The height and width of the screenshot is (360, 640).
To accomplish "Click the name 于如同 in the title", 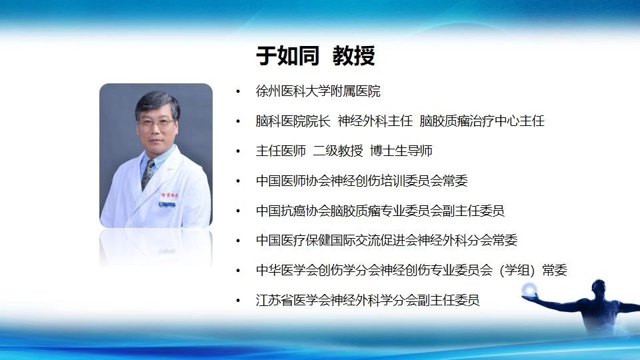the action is pyautogui.click(x=287, y=55).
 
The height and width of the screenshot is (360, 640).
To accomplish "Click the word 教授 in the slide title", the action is pyautogui.click(x=353, y=55).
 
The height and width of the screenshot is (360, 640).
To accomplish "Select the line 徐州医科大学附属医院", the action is pyautogui.click(x=318, y=91).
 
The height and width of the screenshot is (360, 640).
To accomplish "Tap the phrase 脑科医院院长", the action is pyautogui.click(x=293, y=121).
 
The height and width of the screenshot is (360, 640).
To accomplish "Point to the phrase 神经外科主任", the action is pyautogui.click(x=375, y=121).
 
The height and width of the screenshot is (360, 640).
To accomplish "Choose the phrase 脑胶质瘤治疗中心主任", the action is pyautogui.click(x=482, y=121).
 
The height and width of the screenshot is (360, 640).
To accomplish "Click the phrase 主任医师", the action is pyautogui.click(x=281, y=151).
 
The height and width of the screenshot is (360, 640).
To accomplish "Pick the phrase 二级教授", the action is pyautogui.click(x=338, y=151).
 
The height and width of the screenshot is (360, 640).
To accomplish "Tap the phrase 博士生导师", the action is pyautogui.click(x=401, y=151).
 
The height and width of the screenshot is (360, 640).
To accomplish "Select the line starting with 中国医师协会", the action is pyautogui.click(x=361, y=181).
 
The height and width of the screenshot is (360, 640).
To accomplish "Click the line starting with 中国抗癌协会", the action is pyautogui.click(x=380, y=211).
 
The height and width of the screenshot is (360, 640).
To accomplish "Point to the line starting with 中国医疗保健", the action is pyautogui.click(x=387, y=240).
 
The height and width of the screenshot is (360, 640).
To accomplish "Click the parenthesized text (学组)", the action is pyautogui.click(x=517, y=270).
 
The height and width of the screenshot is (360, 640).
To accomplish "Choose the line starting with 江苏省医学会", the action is pyautogui.click(x=368, y=300).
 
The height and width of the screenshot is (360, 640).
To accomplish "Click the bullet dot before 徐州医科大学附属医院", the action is pyautogui.click(x=238, y=91).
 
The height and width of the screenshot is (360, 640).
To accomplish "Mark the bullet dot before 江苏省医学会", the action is pyautogui.click(x=238, y=301).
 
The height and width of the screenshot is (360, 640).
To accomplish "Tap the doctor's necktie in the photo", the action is pyautogui.click(x=147, y=175).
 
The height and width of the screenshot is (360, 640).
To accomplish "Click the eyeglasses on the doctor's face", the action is pyautogui.click(x=156, y=121).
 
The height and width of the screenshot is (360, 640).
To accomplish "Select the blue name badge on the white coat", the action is pyautogui.click(x=167, y=204).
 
